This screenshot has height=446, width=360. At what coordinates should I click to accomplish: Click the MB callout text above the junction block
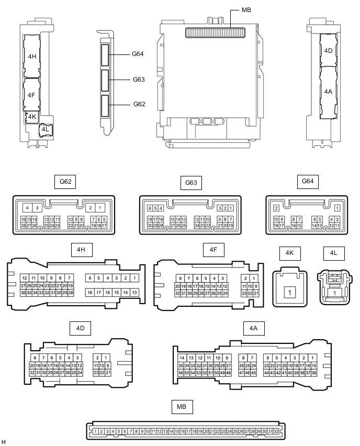point(246,10)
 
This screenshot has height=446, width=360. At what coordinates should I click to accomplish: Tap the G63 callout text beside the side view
point(138,80)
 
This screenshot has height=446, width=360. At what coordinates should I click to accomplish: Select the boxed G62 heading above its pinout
point(65,182)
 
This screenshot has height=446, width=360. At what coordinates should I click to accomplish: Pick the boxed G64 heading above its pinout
point(308,182)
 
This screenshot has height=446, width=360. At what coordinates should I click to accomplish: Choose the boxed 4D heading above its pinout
point(80,328)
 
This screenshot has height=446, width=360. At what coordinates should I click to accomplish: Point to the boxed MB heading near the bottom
point(181,406)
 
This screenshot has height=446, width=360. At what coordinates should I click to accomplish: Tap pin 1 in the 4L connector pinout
point(334,294)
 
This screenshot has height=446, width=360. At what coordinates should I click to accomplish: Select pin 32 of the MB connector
point(276,431)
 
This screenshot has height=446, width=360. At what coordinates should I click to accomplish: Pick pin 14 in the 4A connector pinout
point(181,358)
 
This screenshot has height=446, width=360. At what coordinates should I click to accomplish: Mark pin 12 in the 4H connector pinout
point(24,278)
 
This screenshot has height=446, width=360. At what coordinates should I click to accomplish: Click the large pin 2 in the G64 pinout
point(276,208)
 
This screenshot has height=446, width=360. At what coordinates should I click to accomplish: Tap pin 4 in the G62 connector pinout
point(27,208)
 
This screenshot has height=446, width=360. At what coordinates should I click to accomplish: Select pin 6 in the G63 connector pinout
point(150,208)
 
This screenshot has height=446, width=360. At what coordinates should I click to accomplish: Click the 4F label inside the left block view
point(31,95)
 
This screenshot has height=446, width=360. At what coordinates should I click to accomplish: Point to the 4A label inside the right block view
point(328,91)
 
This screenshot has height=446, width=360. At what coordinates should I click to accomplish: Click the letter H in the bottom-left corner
point(4,442)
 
